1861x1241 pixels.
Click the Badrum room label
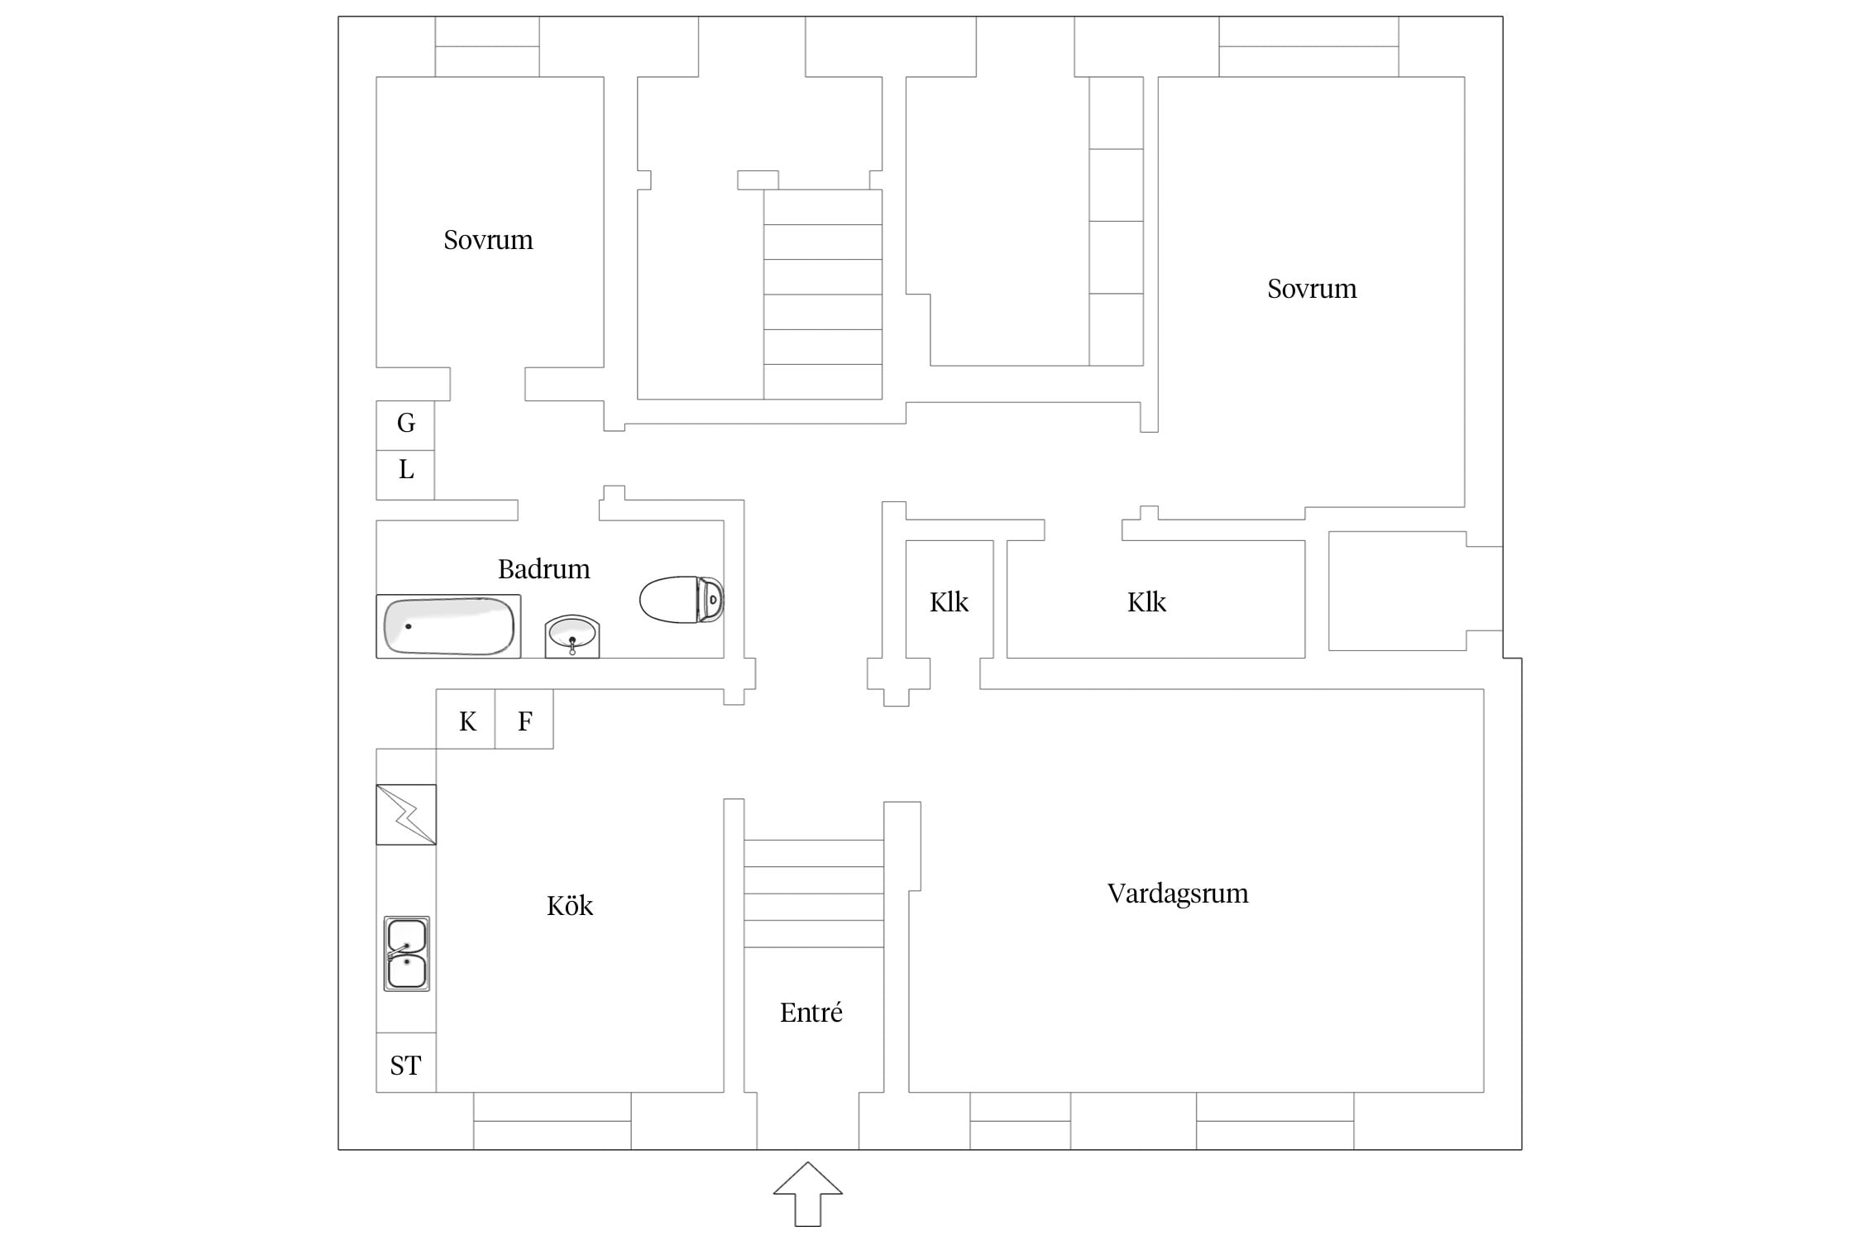[543, 569]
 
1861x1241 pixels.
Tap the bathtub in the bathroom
[448, 626]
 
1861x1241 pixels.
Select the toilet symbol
[682, 600]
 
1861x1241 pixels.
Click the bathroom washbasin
[572, 636]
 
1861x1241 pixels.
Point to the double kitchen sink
[406, 953]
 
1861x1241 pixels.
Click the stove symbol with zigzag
[406, 815]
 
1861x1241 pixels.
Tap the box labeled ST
[406, 1063]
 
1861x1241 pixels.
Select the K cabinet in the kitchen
[466, 719]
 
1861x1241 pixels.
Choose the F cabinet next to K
[524, 719]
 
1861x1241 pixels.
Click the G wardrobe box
[405, 425]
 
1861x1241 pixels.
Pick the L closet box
[405, 475]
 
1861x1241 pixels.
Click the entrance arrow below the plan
[808, 1194]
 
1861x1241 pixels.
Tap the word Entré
[811, 1013]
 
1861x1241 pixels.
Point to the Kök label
[570, 906]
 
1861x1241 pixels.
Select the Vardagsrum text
[1178, 894]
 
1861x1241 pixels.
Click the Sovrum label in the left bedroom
[488, 240]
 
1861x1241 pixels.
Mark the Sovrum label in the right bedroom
[1312, 289]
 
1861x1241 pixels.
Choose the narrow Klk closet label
[949, 602]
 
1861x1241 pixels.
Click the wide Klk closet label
[1146, 602]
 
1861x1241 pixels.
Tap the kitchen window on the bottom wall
[553, 1121]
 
